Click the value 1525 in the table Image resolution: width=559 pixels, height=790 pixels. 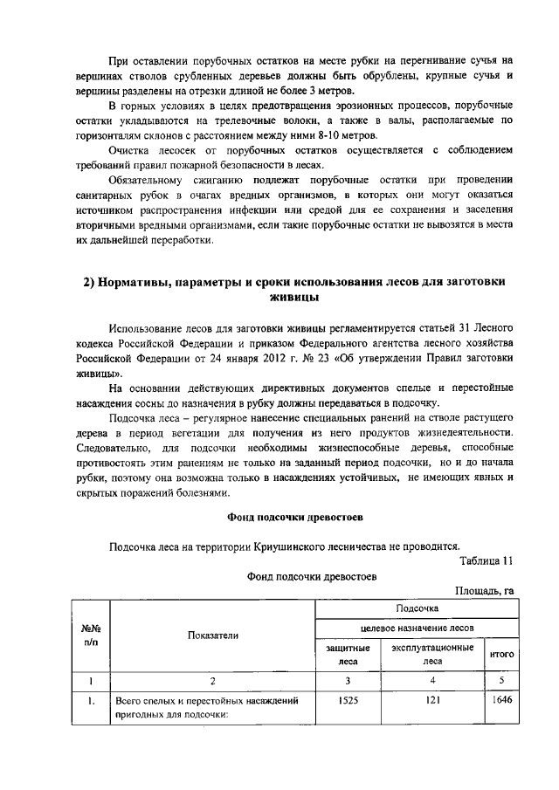click(x=347, y=700)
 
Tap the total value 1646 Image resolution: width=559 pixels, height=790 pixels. click(x=500, y=700)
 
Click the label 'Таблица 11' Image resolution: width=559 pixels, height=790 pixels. click(x=486, y=560)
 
